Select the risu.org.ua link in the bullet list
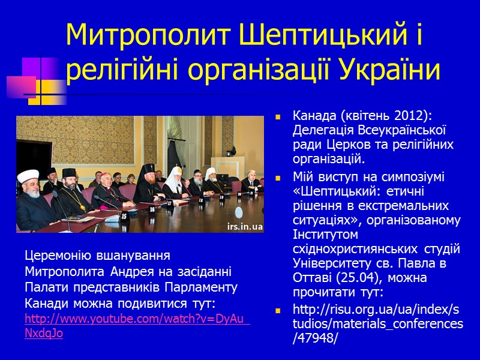click(x=377, y=324)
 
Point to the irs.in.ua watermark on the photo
click(x=245, y=227)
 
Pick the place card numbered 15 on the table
click(x=124, y=215)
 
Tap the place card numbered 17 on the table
click(x=170, y=203)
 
